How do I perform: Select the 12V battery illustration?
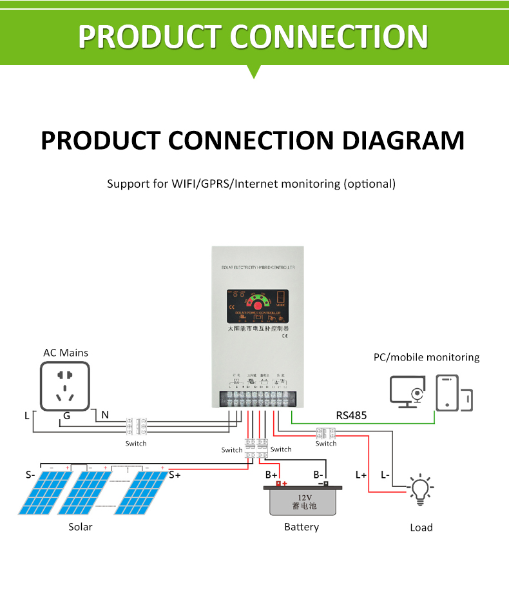click(x=302, y=500)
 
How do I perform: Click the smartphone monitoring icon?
click(x=447, y=393)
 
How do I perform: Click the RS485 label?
click(x=351, y=415)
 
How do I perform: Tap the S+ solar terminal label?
click(x=175, y=475)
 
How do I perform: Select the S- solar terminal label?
click(x=30, y=475)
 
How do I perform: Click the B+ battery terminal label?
click(x=271, y=475)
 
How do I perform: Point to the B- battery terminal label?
click(x=318, y=475)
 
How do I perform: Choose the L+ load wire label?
click(x=361, y=475)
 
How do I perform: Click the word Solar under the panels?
click(x=81, y=527)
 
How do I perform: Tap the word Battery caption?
click(x=302, y=527)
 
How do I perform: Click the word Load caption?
click(x=421, y=528)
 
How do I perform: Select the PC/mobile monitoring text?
click(x=427, y=357)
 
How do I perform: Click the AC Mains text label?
click(x=66, y=353)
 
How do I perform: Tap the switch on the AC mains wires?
click(x=136, y=427)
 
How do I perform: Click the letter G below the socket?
click(x=66, y=416)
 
